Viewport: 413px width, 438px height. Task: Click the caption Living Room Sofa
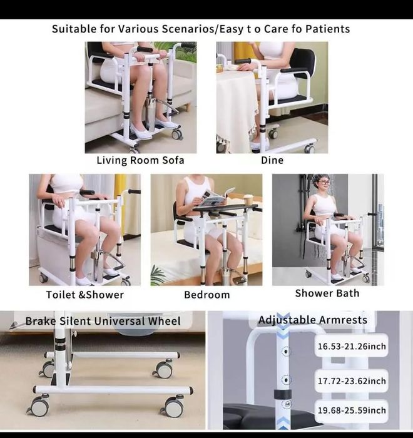140,160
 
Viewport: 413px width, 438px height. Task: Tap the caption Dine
272,160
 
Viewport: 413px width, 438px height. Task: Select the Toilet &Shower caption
84,295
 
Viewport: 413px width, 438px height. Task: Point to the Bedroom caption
207,295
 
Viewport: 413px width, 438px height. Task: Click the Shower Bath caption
327,293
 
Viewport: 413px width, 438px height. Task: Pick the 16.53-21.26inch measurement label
352,347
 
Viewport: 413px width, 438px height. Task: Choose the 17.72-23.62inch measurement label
352,381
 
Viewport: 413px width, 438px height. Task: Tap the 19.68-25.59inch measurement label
352,410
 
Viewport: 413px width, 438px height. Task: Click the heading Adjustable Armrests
313,320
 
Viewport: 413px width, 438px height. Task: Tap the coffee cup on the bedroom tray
248,200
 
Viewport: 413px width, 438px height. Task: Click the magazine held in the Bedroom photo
216,198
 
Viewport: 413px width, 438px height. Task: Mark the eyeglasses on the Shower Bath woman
324,183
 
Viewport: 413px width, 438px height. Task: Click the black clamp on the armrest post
283,394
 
